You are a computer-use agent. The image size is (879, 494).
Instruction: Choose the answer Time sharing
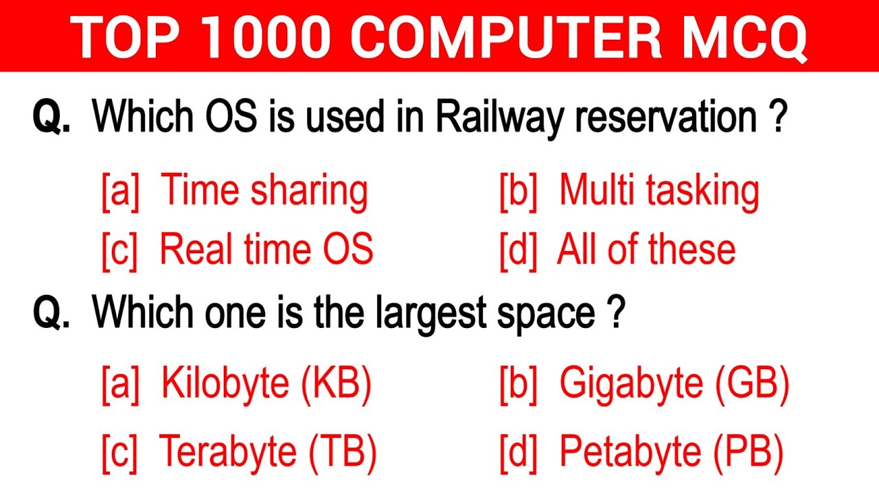[264, 190]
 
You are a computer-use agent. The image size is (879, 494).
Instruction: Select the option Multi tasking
[659, 190]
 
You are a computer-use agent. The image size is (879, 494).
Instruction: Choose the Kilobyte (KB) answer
[266, 384]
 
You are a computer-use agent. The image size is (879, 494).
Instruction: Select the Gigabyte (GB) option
[674, 384]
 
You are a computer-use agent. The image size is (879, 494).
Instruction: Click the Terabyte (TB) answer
[268, 451]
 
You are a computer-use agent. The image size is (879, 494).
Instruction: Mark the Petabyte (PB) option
[672, 451]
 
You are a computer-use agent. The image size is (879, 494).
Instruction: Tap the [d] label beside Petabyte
[518, 451]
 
